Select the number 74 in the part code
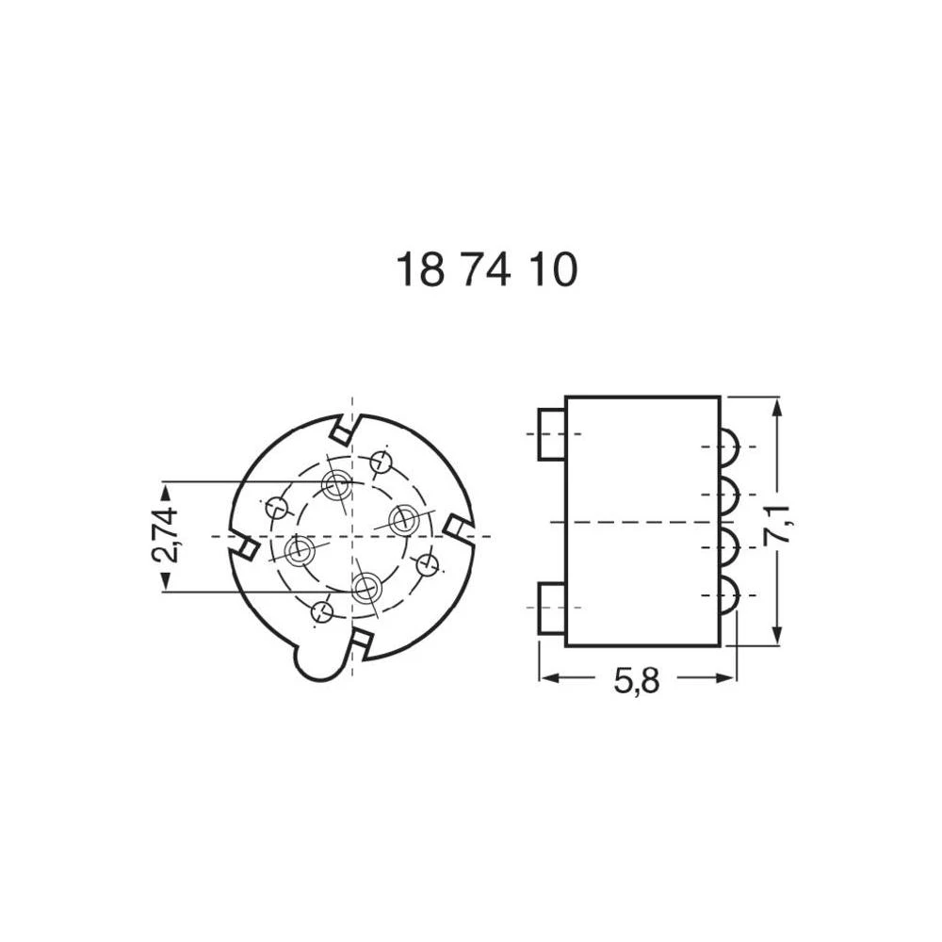coord(487,271)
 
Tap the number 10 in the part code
coord(551,271)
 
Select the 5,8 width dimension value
coord(636,680)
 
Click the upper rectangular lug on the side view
coord(551,434)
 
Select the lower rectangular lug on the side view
coord(551,609)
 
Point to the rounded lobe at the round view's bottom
coord(317,661)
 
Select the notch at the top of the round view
coord(343,429)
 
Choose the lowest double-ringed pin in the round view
coord(365,587)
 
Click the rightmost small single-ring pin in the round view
coord(428,565)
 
